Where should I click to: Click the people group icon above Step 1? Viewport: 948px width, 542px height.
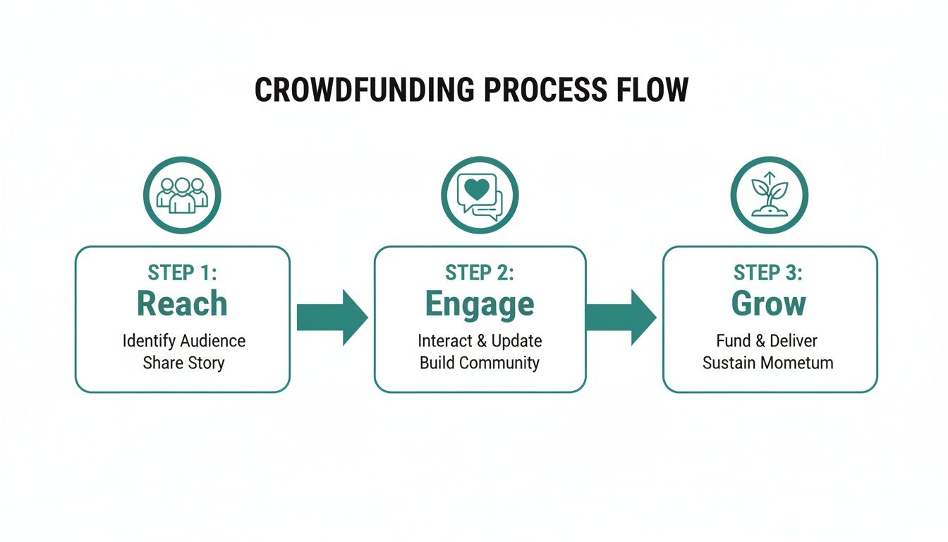(x=182, y=195)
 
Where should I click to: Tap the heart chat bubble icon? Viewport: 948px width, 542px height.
(x=480, y=195)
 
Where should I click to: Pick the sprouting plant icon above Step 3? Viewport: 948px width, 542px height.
(x=769, y=195)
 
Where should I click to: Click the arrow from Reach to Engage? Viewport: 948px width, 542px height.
(x=332, y=318)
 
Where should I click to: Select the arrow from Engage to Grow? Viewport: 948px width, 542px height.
(x=621, y=318)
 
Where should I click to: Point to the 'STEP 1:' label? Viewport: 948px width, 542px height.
(x=182, y=272)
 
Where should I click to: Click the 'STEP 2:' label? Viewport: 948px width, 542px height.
(x=480, y=272)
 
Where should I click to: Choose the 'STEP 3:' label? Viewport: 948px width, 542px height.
(x=768, y=272)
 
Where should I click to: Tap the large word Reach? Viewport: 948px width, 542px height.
(x=182, y=303)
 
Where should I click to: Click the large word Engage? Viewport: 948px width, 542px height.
(x=480, y=304)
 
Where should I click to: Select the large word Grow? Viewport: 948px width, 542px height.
(x=768, y=303)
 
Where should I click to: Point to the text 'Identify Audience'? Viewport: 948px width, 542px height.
(x=183, y=341)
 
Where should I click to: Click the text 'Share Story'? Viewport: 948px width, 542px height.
(x=183, y=363)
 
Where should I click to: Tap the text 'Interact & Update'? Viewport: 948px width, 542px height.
(x=480, y=341)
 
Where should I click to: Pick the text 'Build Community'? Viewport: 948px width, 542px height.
(x=480, y=363)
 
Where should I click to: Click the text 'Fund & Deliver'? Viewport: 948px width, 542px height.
(x=767, y=341)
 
